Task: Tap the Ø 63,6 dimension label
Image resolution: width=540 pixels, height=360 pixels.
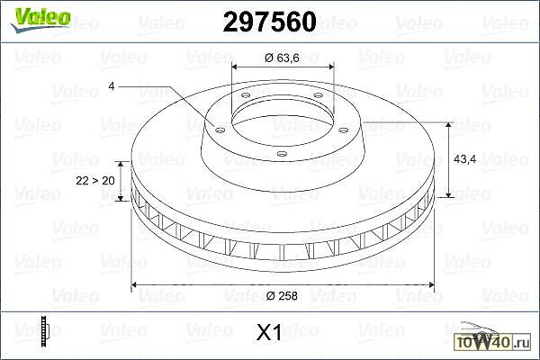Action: click(x=282, y=58)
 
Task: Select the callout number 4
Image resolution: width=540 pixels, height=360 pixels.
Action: click(x=111, y=85)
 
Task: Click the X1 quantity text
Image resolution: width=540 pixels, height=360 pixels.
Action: click(x=270, y=333)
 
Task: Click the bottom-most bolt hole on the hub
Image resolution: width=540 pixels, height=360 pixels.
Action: click(x=281, y=154)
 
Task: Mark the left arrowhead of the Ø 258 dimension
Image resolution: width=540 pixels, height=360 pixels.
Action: click(x=136, y=285)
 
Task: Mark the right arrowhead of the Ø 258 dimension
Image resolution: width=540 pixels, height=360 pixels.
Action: click(x=430, y=285)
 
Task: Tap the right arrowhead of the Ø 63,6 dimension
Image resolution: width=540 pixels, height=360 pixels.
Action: click(x=329, y=67)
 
